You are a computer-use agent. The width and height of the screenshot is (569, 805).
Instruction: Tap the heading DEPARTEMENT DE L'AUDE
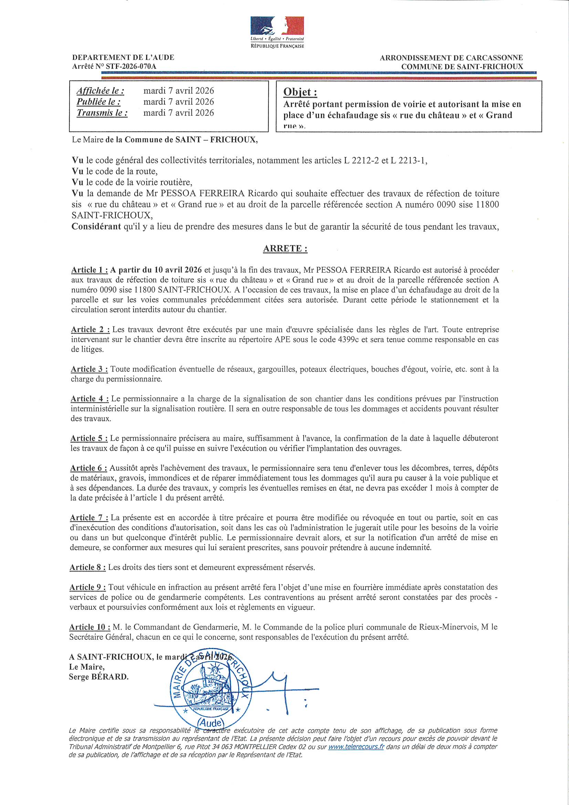click(123, 57)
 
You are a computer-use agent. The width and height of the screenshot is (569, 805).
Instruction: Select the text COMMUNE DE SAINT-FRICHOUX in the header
click(462, 66)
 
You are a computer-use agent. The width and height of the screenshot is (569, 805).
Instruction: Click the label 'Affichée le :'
click(100, 91)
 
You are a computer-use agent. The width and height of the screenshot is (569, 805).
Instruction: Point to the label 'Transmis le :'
click(102, 113)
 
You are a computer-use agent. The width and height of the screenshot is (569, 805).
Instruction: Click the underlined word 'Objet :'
click(300, 92)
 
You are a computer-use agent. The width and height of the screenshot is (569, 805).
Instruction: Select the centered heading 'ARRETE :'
click(285, 249)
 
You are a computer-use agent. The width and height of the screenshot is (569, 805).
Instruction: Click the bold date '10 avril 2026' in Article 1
click(178, 270)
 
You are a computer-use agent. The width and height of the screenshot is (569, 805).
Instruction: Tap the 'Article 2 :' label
click(90, 330)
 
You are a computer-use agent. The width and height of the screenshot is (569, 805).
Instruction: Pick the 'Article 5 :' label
click(89, 438)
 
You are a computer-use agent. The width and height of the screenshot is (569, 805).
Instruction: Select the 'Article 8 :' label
click(87, 567)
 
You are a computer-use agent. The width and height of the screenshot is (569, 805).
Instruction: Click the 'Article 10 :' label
click(90, 627)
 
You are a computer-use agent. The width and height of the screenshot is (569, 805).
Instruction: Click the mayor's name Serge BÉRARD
click(98, 677)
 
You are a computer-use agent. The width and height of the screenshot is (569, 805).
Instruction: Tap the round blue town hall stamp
click(210, 689)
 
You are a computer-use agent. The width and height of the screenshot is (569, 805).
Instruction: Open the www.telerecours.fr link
click(356, 747)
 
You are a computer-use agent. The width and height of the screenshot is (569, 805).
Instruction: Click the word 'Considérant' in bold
click(96, 227)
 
